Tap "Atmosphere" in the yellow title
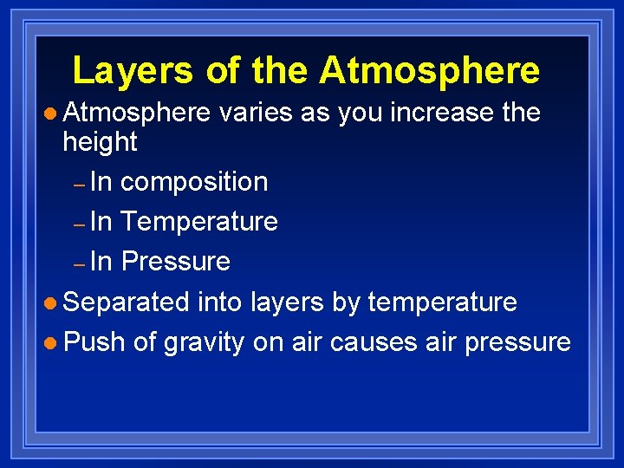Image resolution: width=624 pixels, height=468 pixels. [x=429, y=70]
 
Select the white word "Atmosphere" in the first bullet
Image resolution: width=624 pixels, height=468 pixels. [x=137, y=113]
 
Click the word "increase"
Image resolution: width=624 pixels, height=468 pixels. [x=430, y=113]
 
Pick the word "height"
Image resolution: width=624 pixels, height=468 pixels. [x=101, y=141]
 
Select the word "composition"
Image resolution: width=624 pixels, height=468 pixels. [x=194, y=182]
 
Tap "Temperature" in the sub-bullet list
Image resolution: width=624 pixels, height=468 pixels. [x=199, y=222]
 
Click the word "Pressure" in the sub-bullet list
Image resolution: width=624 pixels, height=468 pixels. [x=175, y=262]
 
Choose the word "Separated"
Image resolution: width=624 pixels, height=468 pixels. [x=127, y=302]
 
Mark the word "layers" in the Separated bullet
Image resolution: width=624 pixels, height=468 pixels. [x=287, y=302]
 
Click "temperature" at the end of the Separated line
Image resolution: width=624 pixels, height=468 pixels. [x=442, y=302]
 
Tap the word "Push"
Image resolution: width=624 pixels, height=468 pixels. [x=94, y=342]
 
